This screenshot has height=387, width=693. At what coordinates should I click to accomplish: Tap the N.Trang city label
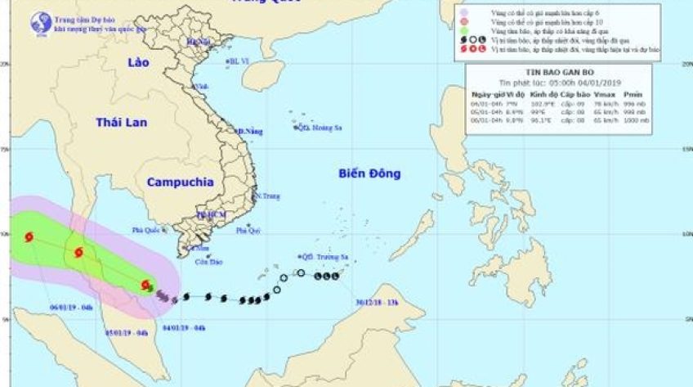tap(266, 196)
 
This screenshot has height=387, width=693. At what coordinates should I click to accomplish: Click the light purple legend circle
tap(463, 11)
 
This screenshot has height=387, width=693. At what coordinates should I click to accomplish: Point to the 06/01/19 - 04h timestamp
tap(71, 308)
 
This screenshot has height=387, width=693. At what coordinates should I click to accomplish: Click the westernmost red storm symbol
tap(29, 237)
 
